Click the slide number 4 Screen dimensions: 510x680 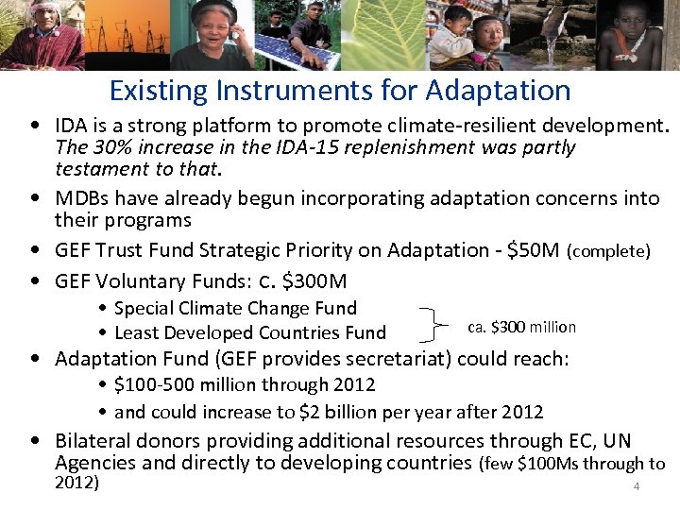(x=637, y=486)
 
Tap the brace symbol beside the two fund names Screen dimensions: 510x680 (x=434, y=321)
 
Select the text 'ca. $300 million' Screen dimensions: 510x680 (x=521, y=327)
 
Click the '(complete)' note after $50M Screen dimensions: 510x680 (x=609, y=251)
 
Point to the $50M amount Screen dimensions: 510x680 (x=534, y=250)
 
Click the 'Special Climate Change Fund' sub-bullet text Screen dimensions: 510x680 (x=235, y=308)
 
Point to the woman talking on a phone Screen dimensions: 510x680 (x=212, y=35)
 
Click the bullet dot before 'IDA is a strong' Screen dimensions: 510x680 (x=34, y=125)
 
